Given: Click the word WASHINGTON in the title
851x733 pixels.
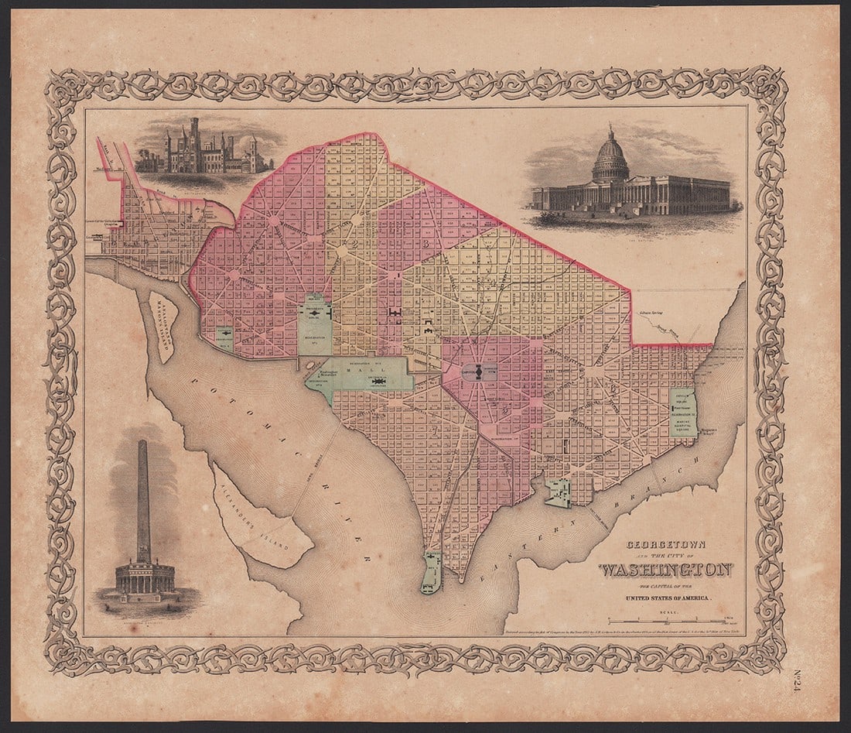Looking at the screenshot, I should click(665, 570).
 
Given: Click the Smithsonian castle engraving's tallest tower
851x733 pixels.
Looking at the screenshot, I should click(194, 135).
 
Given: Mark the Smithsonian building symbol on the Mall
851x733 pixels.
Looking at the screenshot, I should click(378, 382).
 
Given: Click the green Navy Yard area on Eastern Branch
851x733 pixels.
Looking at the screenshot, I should click(558, 493).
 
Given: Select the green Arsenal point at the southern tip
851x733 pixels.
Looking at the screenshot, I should click(431, 573).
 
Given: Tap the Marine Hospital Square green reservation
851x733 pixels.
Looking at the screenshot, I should click(683, 413).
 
